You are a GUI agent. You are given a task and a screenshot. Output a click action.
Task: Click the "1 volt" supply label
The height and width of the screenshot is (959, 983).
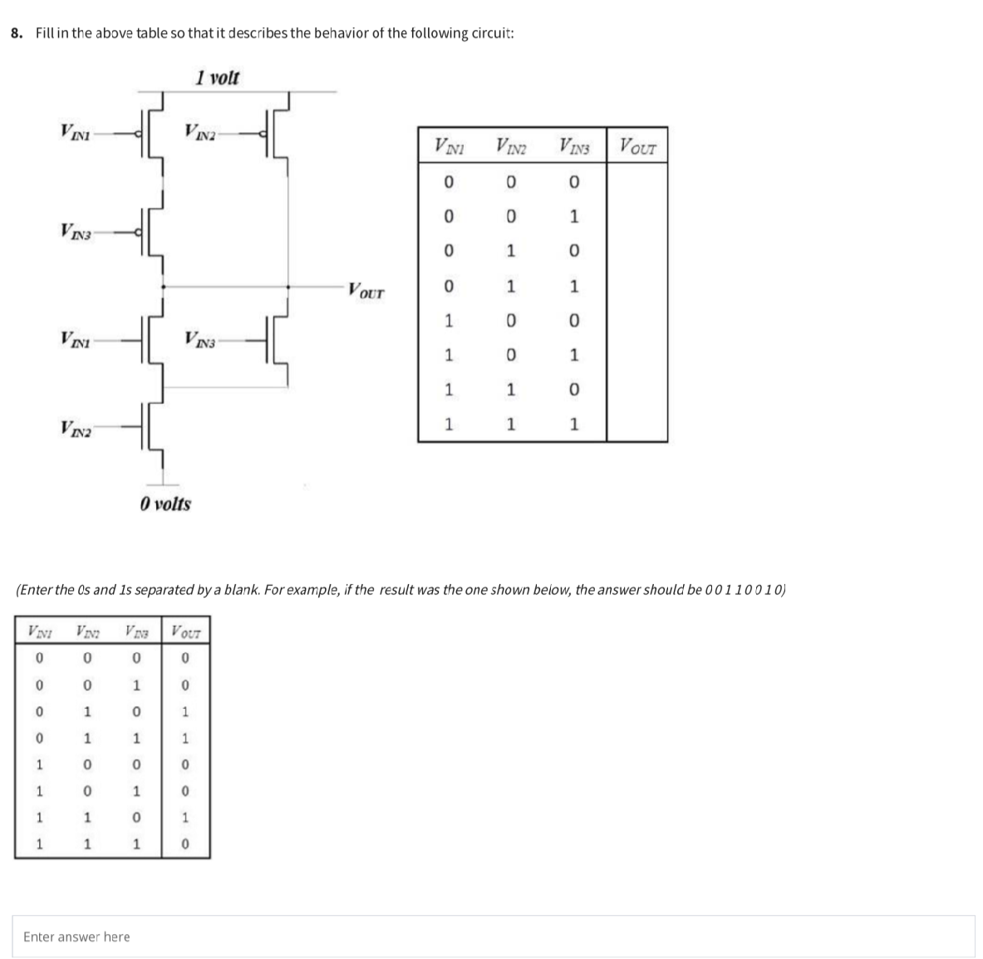coord(218,78)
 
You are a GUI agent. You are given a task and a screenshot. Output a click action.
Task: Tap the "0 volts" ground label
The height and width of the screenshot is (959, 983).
coord(165,504)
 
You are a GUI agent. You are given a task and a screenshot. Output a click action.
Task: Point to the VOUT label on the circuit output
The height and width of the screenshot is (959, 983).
coord(366,292)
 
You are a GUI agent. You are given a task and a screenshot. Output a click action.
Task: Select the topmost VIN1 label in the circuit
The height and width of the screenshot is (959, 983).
coord(78,130)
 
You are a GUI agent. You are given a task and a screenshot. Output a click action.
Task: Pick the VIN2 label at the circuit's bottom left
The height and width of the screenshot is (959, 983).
coord(78,429)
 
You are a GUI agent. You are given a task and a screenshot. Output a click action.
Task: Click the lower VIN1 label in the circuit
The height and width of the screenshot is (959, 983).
coord(78,338)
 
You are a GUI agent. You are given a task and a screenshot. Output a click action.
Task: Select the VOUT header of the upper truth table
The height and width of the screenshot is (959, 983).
coord(637,148)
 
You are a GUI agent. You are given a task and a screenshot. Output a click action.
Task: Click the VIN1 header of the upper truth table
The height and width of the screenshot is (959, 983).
coord(449,148)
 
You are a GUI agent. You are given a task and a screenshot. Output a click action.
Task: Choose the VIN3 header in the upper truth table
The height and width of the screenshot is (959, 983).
coord(573,148)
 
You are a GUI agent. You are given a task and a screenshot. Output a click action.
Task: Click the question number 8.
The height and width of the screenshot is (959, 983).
coord(17,33)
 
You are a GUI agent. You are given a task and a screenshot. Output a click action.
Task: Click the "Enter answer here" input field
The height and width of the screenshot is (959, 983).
coord(494,937)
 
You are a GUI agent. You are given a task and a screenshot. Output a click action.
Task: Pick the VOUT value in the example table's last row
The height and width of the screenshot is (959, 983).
coord(186,844)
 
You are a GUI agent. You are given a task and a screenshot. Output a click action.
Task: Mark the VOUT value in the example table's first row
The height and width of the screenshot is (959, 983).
coord(186,659)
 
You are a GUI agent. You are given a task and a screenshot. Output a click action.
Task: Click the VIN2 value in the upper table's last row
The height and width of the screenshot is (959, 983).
coord(512,425)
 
